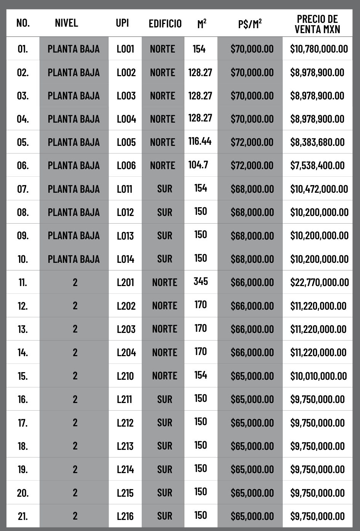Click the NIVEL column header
66,23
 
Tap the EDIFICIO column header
165,24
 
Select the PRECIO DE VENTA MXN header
317,24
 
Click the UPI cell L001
125,49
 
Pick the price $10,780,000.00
319,49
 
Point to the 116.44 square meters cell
200,141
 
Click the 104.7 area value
198,165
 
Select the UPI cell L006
126,165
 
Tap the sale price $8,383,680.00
317,142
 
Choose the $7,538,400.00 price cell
317,165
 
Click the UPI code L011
125,189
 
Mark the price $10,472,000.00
319,189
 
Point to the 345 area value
201,281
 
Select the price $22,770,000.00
320,282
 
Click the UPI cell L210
125,376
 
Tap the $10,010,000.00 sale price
318,376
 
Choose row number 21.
23,516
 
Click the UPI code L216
125,516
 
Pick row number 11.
23,282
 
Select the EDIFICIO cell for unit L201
165,282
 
